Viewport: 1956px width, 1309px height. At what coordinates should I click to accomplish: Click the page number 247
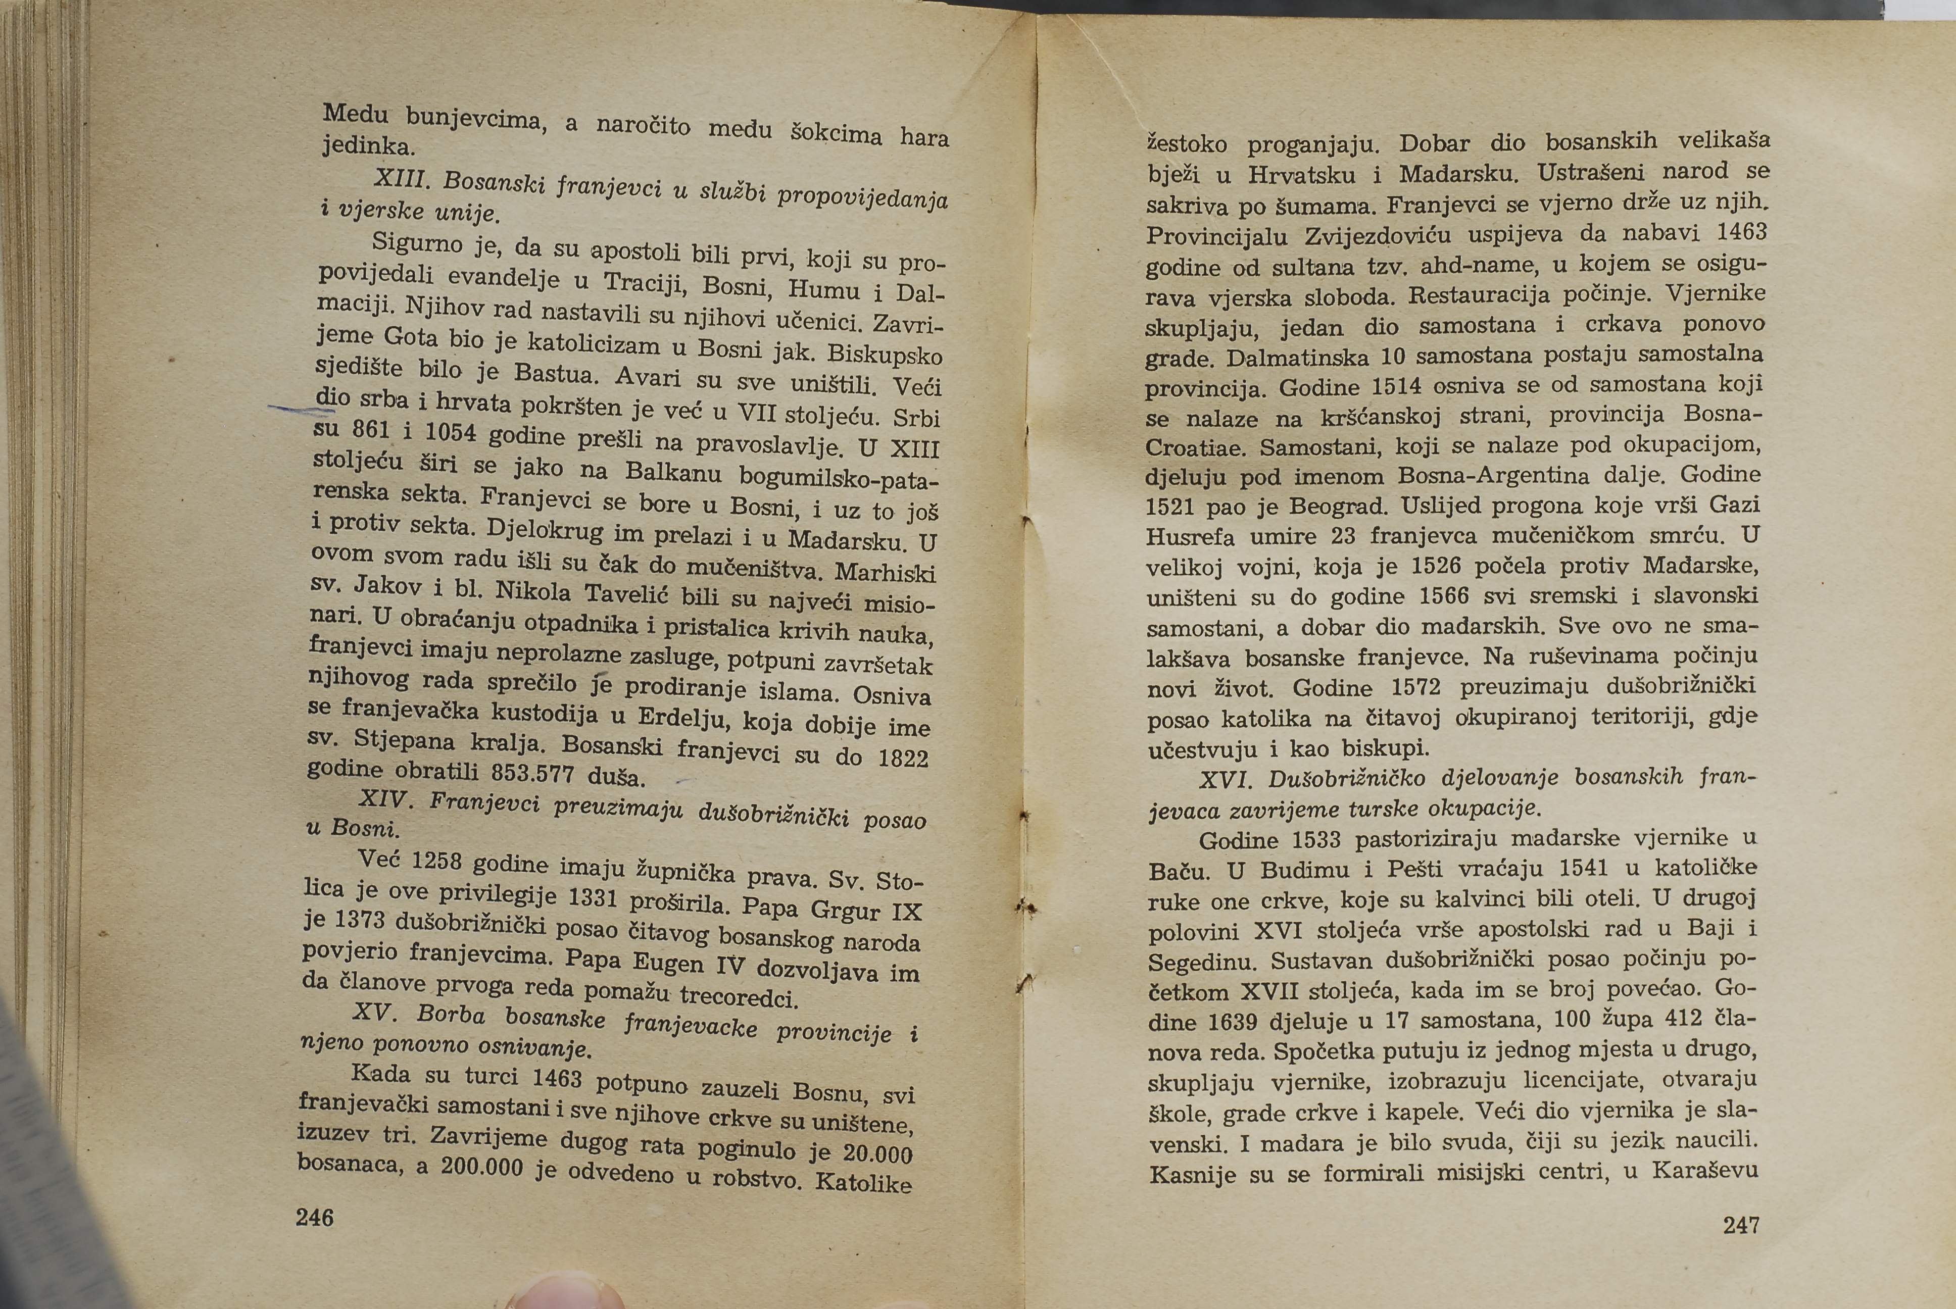[x=1741, y=1225]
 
